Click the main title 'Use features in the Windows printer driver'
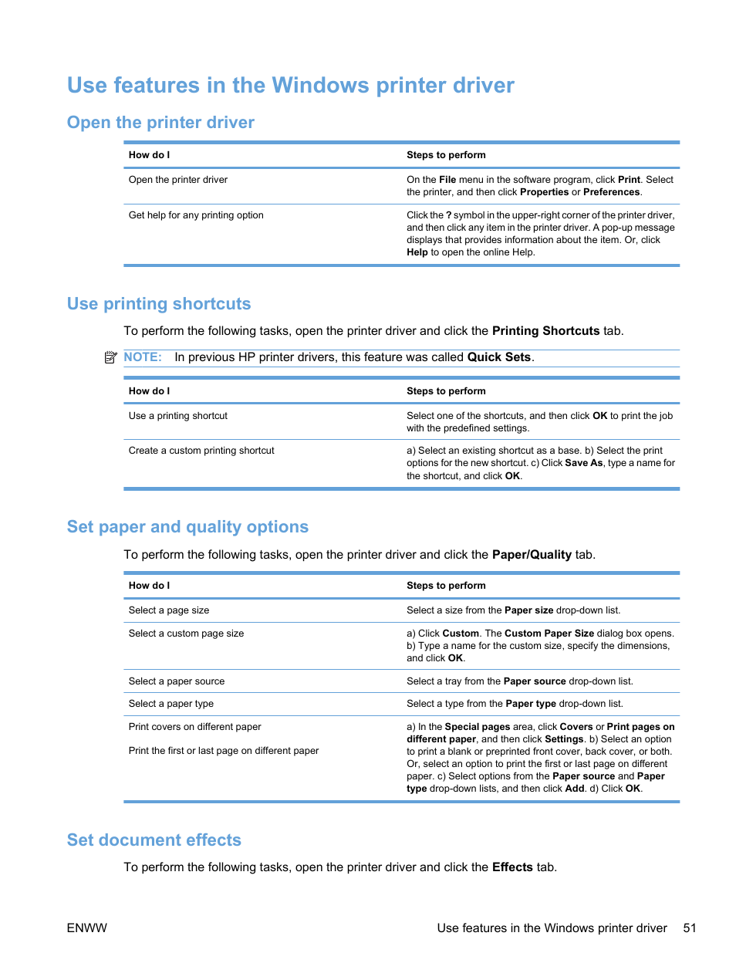(290, 85)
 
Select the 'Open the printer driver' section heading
(160, 123)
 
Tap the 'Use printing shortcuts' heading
(159, 304)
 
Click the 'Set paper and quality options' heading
(187, 527)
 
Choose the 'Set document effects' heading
(154, 840)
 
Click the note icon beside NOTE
(110, 357)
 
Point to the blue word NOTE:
(143, 357)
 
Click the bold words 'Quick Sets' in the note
(498, 357)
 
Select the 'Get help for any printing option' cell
(196, 215)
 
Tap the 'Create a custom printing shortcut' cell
(201, 451)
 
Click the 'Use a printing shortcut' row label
(178, 416)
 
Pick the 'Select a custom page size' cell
(186, 634)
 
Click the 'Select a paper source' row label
(177, 681)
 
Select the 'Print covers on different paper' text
(194, 727)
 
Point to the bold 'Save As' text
(583, 463)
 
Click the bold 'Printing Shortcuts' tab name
(545, 331)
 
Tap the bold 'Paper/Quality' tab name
(532, 555)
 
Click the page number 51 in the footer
(689, 928)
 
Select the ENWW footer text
(87, 928)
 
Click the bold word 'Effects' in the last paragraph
(512, 867)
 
